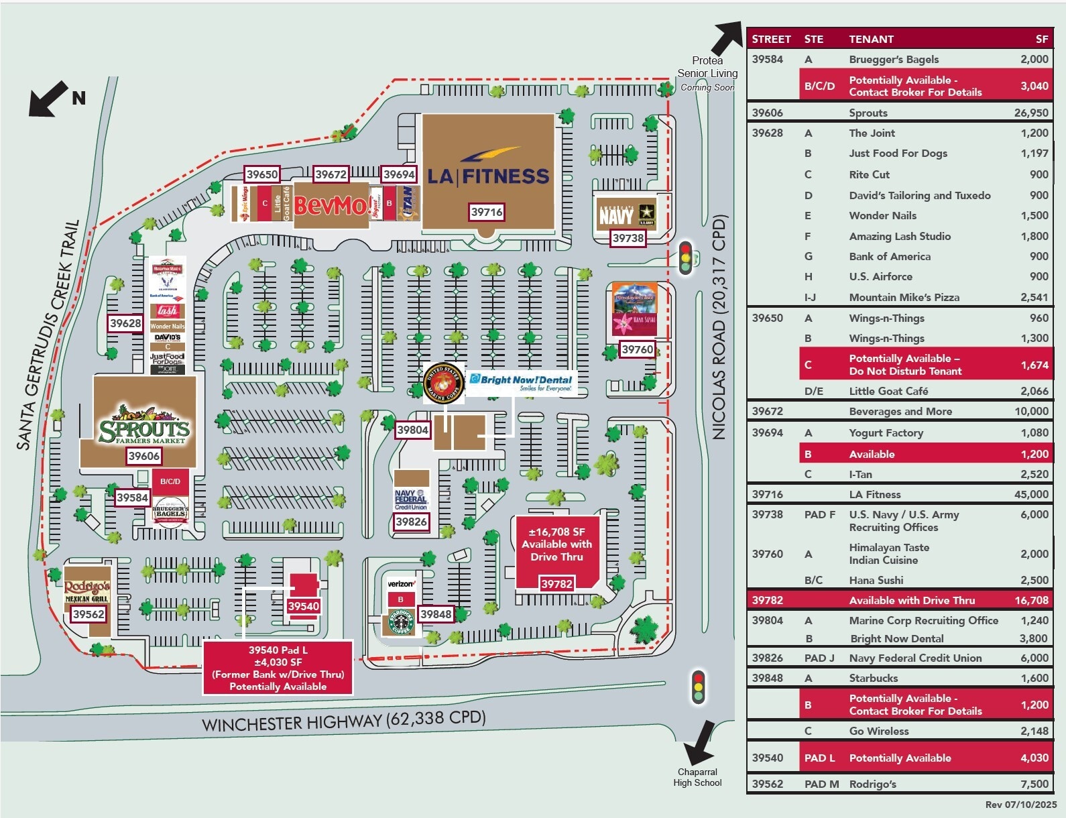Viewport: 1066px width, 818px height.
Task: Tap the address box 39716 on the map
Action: coord(487,212)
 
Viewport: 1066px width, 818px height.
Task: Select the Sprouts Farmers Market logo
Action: coord(145,425)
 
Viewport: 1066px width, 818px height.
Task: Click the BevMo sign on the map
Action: coord(331,204)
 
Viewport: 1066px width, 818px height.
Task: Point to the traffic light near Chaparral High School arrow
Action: coord(698,687)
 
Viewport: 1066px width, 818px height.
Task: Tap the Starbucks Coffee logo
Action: coord(401,622)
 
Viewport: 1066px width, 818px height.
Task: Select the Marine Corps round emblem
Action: coord(443,383)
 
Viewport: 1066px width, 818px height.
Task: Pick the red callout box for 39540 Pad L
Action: coord(278,668)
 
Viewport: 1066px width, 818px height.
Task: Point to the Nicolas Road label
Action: coord(719,327)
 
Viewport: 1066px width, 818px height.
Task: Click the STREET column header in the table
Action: coord(771,39)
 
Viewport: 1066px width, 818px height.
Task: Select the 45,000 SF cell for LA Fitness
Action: coord(1030,494)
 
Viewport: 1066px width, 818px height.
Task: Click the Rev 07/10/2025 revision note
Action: coord(1020,805)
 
